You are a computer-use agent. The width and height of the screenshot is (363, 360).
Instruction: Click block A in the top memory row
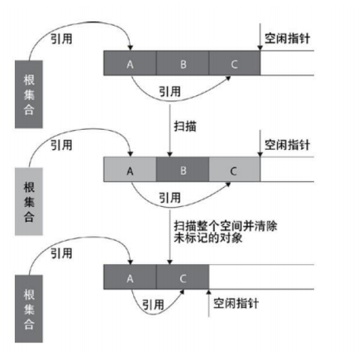coord(130,63)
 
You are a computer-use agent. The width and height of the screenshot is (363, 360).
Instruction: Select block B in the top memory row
coord(183,63)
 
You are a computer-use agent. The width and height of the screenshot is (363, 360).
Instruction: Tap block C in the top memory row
coord(235,63)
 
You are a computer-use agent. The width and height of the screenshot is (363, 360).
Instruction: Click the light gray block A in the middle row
coord(130,170)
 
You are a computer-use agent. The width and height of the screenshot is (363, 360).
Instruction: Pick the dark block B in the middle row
coord(183,170)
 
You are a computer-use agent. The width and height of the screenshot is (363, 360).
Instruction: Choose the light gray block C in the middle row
coord(235,170)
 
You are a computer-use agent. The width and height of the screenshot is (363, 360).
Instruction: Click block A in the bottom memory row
coord(130,277)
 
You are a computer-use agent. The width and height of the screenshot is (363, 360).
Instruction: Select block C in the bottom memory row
coord(183,277)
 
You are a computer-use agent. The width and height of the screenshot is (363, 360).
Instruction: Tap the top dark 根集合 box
coord(29,94)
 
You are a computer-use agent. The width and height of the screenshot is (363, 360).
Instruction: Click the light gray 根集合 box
coord(29,201)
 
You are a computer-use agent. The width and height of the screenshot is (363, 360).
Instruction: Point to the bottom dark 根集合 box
coord(29,309)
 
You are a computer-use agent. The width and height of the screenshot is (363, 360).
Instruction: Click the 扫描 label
coord(185,127)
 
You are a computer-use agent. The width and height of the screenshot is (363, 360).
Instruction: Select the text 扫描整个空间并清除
coord(226,226)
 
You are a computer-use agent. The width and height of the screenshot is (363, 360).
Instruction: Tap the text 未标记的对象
coord(208,238)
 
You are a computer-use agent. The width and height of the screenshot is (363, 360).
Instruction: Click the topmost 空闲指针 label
coord(287,38)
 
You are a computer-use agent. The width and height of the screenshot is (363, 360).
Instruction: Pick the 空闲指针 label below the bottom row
coord(236,303)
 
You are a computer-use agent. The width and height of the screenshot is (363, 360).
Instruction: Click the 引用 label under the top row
coord(170,91)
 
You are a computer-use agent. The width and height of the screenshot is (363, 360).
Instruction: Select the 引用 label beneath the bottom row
coord(153,305)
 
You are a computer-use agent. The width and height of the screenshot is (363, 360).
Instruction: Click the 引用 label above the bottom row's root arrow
coord(61,253)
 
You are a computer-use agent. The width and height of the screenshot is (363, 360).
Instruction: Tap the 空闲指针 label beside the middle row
coord(287,145)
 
